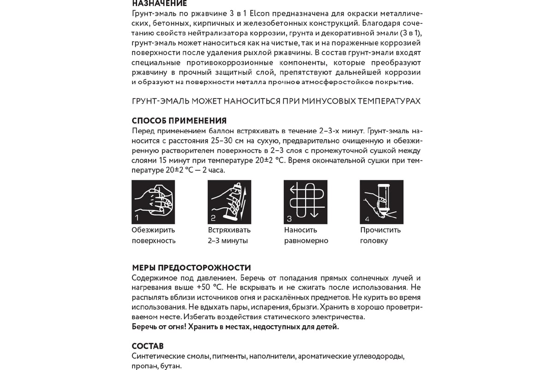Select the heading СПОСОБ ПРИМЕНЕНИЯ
coord(179,121)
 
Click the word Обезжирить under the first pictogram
coord(153,230)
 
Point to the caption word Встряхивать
coord(229,230)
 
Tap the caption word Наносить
coord(301,230)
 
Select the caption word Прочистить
coord(380,230)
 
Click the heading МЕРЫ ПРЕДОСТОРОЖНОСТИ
coord(191,268)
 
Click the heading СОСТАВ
coord(148,346)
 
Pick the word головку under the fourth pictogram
coord(374,240)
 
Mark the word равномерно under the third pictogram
coord(306,240)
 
